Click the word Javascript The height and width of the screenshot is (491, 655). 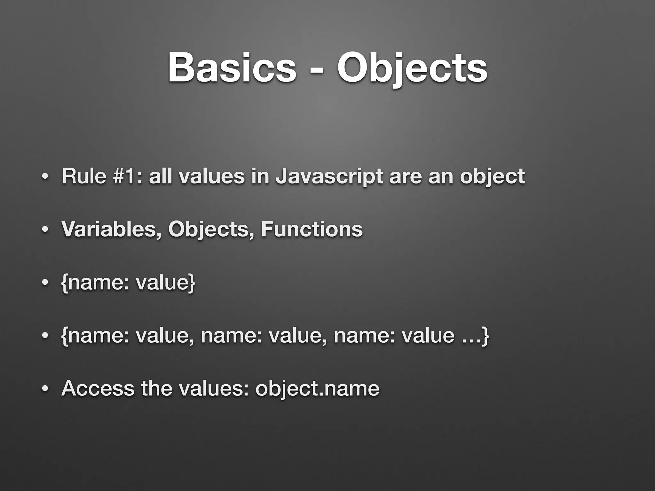click(329, 177)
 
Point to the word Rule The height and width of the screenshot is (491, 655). click(84, 176)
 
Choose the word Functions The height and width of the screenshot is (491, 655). click(312, 229)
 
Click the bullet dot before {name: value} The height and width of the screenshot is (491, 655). click(45, 283)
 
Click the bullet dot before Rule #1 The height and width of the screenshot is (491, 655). click(45, 177)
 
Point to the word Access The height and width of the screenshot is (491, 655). click(98, 389)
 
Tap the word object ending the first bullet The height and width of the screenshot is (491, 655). click(492, 177)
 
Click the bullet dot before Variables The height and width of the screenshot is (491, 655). click(45, 230)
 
